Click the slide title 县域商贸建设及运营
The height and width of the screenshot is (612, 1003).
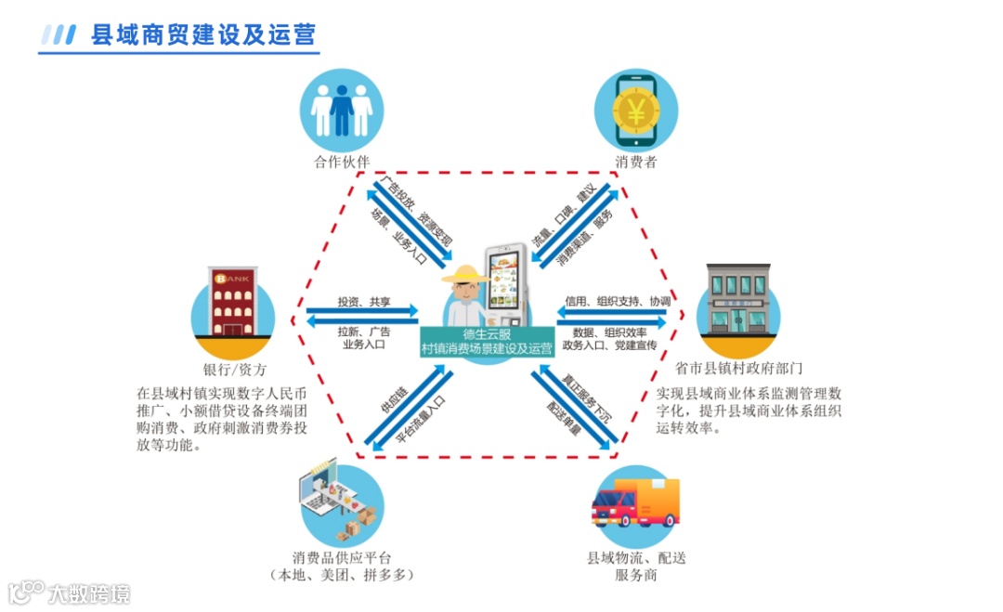[203, 35]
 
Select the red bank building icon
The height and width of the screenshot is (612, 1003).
[232, 305]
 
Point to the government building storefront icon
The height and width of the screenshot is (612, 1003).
[738, 300]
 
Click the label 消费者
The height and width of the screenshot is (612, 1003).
[636, 163]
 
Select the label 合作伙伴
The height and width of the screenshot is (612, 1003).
[342, 163]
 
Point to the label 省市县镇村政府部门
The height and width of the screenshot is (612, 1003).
[739, 368]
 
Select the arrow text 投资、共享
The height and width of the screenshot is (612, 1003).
[364, 303]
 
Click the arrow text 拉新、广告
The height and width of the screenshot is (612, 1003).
[364, 331]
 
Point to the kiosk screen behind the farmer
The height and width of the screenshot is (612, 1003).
[506, 279]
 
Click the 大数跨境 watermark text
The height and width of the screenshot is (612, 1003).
[89, 592]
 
